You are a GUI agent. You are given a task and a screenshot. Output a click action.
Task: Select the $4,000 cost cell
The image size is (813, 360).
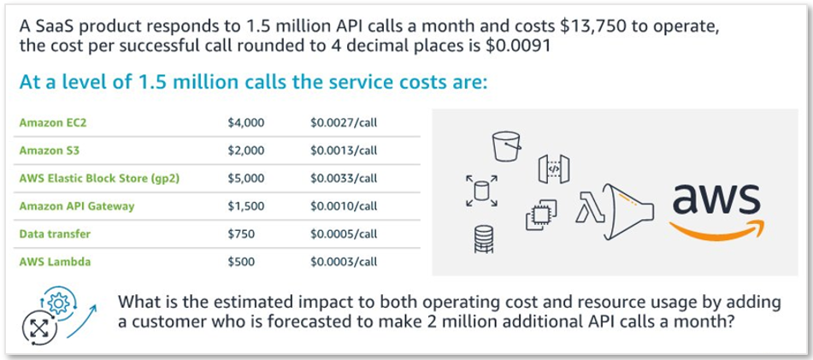coord(245,123)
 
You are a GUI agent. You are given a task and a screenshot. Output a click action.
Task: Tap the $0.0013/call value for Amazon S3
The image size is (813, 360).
coord(344,151)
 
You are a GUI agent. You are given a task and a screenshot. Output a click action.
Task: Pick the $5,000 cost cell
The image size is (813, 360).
coord(245,179)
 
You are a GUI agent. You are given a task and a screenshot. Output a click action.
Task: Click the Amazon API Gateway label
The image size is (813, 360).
coord(77,206)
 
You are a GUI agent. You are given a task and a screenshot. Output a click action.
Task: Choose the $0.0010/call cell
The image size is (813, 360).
coord(344,206)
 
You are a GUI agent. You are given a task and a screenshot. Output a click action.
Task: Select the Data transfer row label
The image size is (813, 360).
coord(55,234)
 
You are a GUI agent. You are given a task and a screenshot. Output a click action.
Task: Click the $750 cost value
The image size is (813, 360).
coord(241,234)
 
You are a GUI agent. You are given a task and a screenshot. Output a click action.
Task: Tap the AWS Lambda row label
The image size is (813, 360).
coord(55,262)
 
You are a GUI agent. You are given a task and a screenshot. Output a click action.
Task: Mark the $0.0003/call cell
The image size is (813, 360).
coord(344,262)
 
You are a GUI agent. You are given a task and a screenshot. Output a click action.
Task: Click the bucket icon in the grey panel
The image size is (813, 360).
coord(506,145)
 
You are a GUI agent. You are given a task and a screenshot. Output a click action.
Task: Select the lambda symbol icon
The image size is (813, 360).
coord(590,207)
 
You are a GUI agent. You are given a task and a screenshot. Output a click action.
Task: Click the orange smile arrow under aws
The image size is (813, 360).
coord(717,230)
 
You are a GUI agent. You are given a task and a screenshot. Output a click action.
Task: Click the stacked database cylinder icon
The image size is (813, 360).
coord(484,239)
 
